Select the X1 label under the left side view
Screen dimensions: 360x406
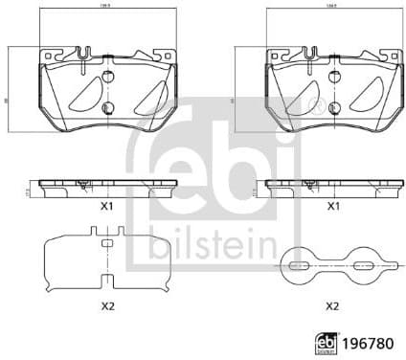point(107,206)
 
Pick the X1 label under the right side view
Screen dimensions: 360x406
point(333,206)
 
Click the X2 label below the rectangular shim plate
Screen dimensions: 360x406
point(107,305)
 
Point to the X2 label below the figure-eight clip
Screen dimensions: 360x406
point(333,305)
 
